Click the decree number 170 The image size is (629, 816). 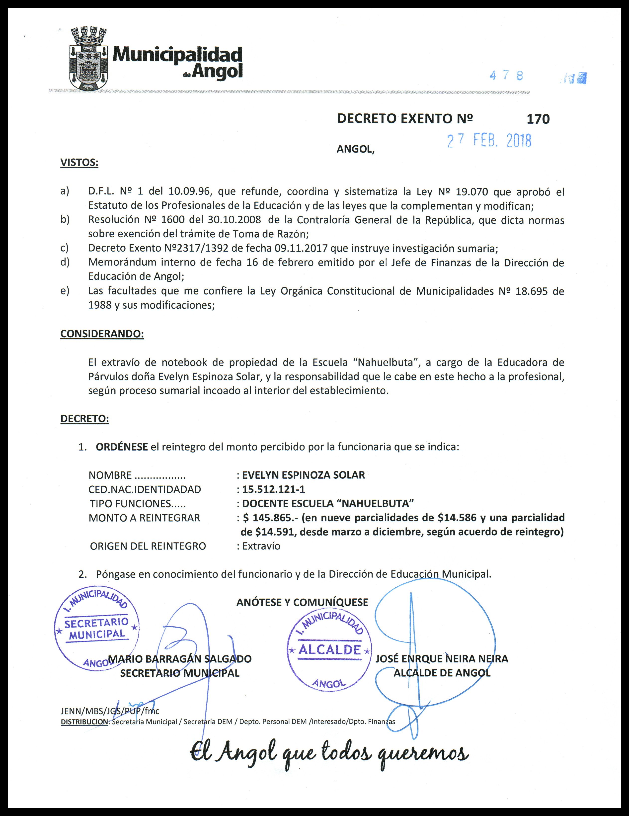coord(538,119)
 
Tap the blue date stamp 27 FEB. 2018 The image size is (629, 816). coord(489,140)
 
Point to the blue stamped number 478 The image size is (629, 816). coord(506,76)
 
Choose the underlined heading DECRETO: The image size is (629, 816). coord(85,419)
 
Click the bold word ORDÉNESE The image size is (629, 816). coord(122,447)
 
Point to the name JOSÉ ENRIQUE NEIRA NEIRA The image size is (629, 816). coord(442,659)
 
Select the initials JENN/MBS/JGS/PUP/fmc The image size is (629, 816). coord(110,711)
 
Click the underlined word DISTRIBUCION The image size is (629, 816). coord(84,722)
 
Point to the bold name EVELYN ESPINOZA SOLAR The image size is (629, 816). coord(303,475)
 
